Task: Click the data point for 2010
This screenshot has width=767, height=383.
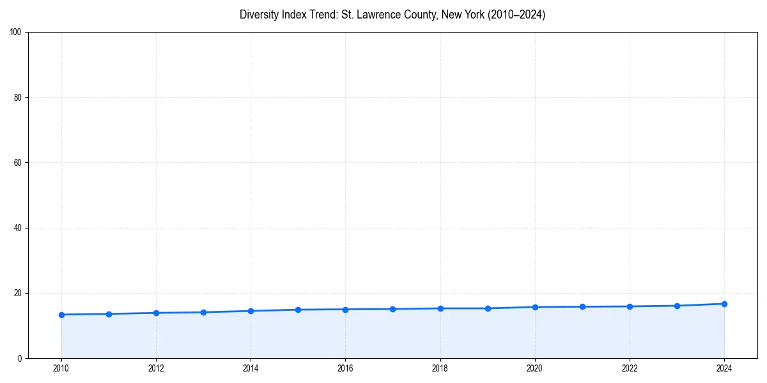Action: (61, 315)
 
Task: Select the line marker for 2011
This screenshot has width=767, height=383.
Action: (109, 314)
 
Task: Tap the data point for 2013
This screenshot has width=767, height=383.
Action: (203, 312)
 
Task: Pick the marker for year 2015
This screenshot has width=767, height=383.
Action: (298, 310)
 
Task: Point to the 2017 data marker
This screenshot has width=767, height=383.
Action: (392, 309)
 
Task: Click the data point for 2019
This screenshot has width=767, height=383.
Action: (488, 308)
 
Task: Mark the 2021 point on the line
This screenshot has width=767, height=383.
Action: (582, 306)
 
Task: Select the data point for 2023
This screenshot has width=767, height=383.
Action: (677, 306)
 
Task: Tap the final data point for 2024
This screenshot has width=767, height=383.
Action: (724, 304)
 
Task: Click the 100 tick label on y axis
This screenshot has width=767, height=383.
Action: (17, 33)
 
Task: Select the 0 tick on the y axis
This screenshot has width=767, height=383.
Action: (20, 358)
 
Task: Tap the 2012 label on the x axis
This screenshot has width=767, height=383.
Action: (156, 368)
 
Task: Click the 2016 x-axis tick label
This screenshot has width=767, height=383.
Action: (345, 368)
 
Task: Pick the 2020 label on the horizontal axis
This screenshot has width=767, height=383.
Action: (535, 368)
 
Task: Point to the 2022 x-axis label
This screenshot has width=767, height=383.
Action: (630, 368)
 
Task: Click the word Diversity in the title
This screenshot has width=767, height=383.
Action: (258, 15)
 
